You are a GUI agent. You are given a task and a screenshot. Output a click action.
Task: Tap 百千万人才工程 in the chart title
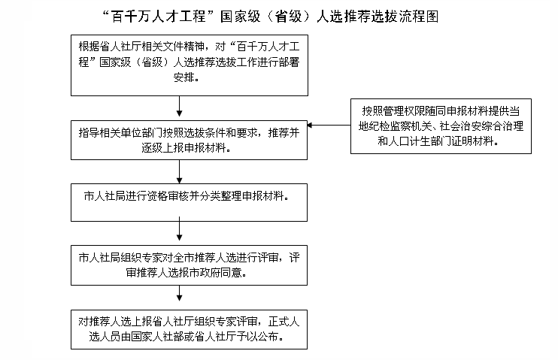coord(159,17)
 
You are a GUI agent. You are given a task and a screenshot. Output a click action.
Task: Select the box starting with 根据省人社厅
coord(190,65)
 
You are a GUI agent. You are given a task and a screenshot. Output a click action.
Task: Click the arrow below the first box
coord(179,106)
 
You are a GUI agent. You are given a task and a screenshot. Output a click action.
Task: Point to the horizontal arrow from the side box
coord(329,126)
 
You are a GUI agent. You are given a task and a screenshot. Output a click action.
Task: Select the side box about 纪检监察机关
coord(441,126)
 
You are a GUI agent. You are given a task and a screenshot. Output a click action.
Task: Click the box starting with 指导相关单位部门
coord(189,140)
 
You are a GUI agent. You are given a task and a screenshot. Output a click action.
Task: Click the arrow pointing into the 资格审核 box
coord(179,171)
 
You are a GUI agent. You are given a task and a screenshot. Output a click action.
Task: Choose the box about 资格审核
coord(189,202)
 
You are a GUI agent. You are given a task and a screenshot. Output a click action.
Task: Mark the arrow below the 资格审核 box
coord(179,228)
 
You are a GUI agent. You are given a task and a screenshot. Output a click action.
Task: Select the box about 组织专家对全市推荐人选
coord(189,265)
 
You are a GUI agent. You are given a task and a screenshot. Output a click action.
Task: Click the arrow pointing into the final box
coord(179,293)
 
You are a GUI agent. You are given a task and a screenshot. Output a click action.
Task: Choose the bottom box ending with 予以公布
coord(189,329)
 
